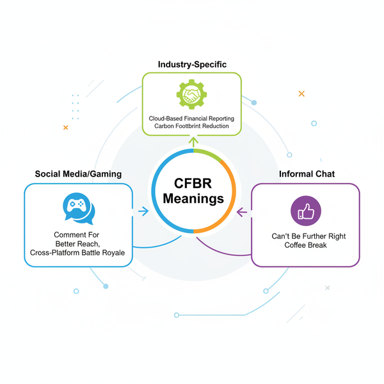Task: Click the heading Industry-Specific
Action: [191, 65]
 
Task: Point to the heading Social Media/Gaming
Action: [78, 174]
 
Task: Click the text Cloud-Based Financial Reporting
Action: [192, 118]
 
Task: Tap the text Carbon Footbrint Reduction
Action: [192, 127]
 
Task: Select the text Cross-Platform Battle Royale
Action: [79, 253]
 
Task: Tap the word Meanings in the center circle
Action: [193, 199]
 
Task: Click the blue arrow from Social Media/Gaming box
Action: [143, 211]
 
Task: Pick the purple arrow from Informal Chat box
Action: [241, 211]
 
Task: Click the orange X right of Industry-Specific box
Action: [301, 94]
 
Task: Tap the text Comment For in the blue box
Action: [79, 235]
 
